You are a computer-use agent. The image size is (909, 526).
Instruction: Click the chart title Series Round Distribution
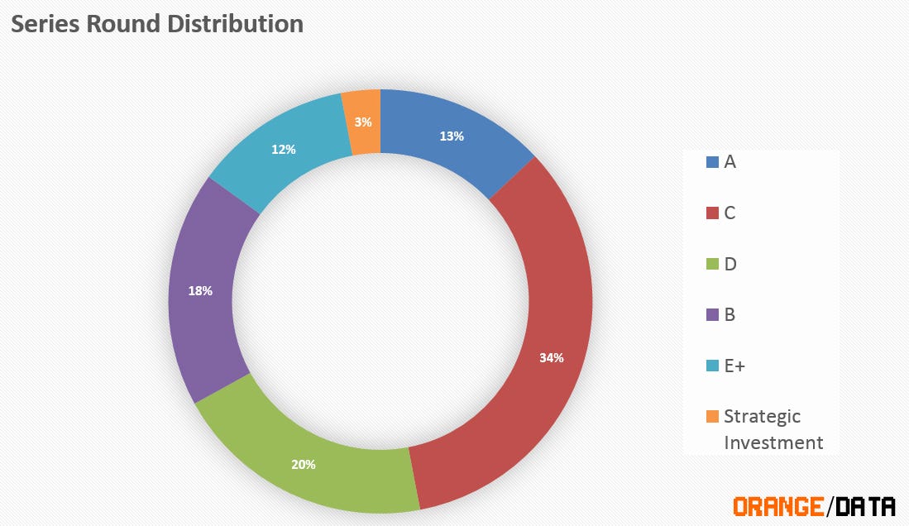(157, 24)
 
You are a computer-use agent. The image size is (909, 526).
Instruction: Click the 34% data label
(552, 358)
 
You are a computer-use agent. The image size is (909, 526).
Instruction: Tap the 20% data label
(304, 464)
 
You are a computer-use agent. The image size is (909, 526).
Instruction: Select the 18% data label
(200, 291)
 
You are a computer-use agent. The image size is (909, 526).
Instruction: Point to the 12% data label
(284, 150)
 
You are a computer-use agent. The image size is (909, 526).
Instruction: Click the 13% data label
(452, 136)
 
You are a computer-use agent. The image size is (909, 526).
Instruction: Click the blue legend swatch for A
(712, 162)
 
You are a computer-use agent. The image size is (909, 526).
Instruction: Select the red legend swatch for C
(712, 213)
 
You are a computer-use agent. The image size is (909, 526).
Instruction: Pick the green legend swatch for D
(712, 265)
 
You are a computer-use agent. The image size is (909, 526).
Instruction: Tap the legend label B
(730, 315)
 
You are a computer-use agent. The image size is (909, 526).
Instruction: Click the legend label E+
(734, 366)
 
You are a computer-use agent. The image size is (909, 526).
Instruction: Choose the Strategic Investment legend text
(773, 429)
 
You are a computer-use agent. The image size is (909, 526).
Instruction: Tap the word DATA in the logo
(864, 505)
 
